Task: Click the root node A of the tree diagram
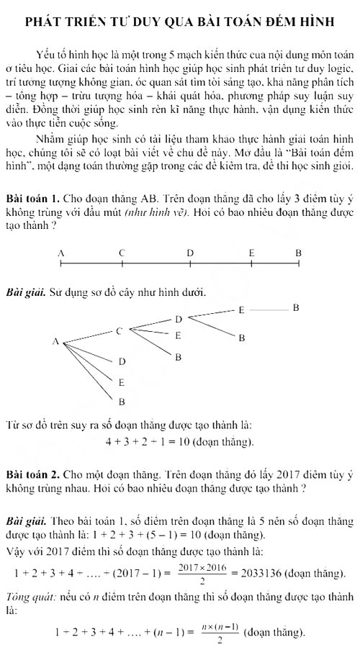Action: pyautogui.click(x=55, y=342)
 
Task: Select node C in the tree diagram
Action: pyautogui.click(x=120, y=330)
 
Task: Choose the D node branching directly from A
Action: pyautogui.click(x=122, y=361)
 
